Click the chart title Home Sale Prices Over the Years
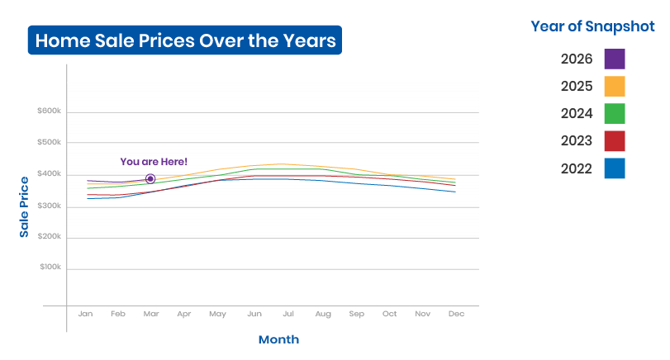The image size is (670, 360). pos(185,40)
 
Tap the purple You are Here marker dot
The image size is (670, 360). pos(150,178)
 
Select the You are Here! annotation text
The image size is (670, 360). pos(154,162)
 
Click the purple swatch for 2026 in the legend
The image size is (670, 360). pos(615,59)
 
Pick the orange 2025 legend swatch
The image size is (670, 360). pos(615,86)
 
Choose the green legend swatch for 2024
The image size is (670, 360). pos(615,114)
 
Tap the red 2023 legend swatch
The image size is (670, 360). pos(615,141)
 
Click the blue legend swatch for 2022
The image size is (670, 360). pos(615,168)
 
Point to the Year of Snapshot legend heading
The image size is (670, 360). pos(592,26)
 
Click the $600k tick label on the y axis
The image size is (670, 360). pos(49,111)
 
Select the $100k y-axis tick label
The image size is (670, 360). pos(50,267)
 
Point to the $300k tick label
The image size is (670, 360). pos(49,206)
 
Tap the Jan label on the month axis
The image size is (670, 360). pos(85,314)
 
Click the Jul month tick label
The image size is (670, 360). pos(288,314)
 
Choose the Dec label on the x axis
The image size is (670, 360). pos(456,314)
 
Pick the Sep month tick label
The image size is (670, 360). pos(356,314)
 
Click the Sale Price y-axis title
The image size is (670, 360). pos(24,206)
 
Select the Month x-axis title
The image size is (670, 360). pos(278,339)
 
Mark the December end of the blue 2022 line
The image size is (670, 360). pos(455,192)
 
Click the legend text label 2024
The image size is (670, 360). pos(577,114)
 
